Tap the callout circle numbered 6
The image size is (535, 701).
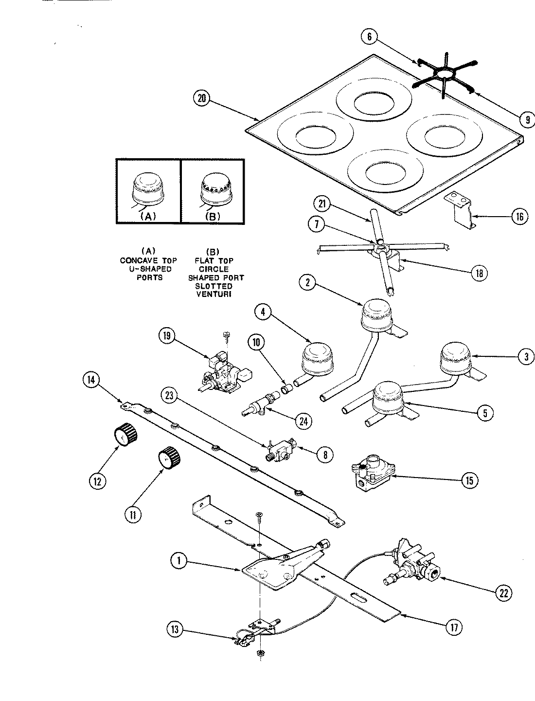pyautogui.click(x=370, y=35)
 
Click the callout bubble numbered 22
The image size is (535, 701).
pyautogui.click(x=503, y=592)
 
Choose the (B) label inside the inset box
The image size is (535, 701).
pyautogui.click(x=213, y=217)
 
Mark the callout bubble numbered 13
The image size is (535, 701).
pyautogui.click(x=175, y=630)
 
